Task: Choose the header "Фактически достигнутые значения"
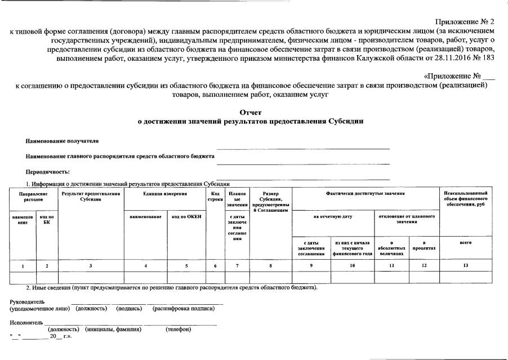[365, 193]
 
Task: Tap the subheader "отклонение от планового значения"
[407, 219]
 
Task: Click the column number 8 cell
[270, 265]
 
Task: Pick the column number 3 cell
[91, 265]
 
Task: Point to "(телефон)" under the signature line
[178, 329]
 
